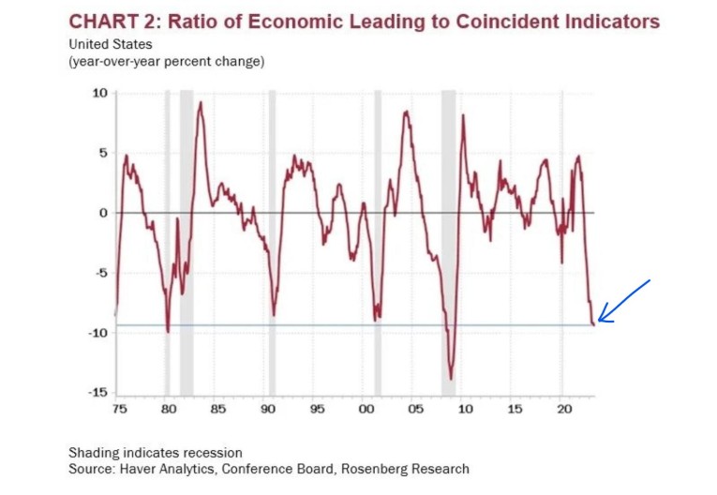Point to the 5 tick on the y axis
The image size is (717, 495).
click(104, 153)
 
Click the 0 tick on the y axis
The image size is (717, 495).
click(104, 213)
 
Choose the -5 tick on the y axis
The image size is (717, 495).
click(101, 273)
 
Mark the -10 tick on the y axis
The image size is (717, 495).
click(98, 333)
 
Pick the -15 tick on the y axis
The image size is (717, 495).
click(98, 393)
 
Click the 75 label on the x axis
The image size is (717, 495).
click(118, 410)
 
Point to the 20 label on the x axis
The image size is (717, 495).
click(564, 410)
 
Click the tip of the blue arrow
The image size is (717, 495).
click(598, 321)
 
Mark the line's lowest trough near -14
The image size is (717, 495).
click(451, 379)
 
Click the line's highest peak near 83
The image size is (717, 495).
click(200, 102)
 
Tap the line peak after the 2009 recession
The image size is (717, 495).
click(463, 115)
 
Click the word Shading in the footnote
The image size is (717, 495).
click(93, 453)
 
